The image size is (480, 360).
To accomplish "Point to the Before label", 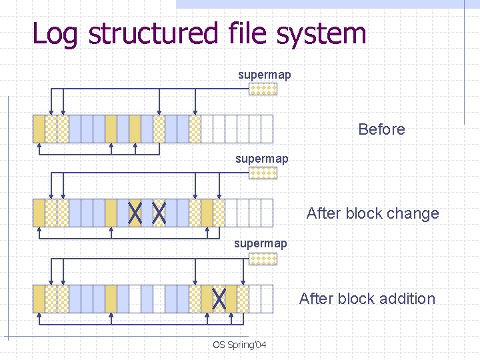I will (381, 129).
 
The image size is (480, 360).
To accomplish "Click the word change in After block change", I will (410, 214).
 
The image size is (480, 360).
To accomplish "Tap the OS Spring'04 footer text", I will (239, 345).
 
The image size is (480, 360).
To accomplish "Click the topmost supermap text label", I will (265, 75).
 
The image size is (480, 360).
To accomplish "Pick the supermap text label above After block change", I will (262, 159).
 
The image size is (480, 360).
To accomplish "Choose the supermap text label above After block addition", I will (261, 243).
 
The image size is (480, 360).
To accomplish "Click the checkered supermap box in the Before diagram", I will (263, 89).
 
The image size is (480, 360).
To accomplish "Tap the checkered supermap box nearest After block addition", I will (263, 259).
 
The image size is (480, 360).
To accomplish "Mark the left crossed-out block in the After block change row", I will (135, 213).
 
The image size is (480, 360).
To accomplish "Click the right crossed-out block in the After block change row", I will (159, 213).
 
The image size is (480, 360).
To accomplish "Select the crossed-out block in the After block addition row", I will (219, 299).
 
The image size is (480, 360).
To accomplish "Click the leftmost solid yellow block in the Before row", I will (39, 129).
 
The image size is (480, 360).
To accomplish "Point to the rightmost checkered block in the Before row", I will (195, 129).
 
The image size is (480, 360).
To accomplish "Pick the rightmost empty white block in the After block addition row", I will (267, 299).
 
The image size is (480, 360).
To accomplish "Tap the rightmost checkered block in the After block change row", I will (219, 213).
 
